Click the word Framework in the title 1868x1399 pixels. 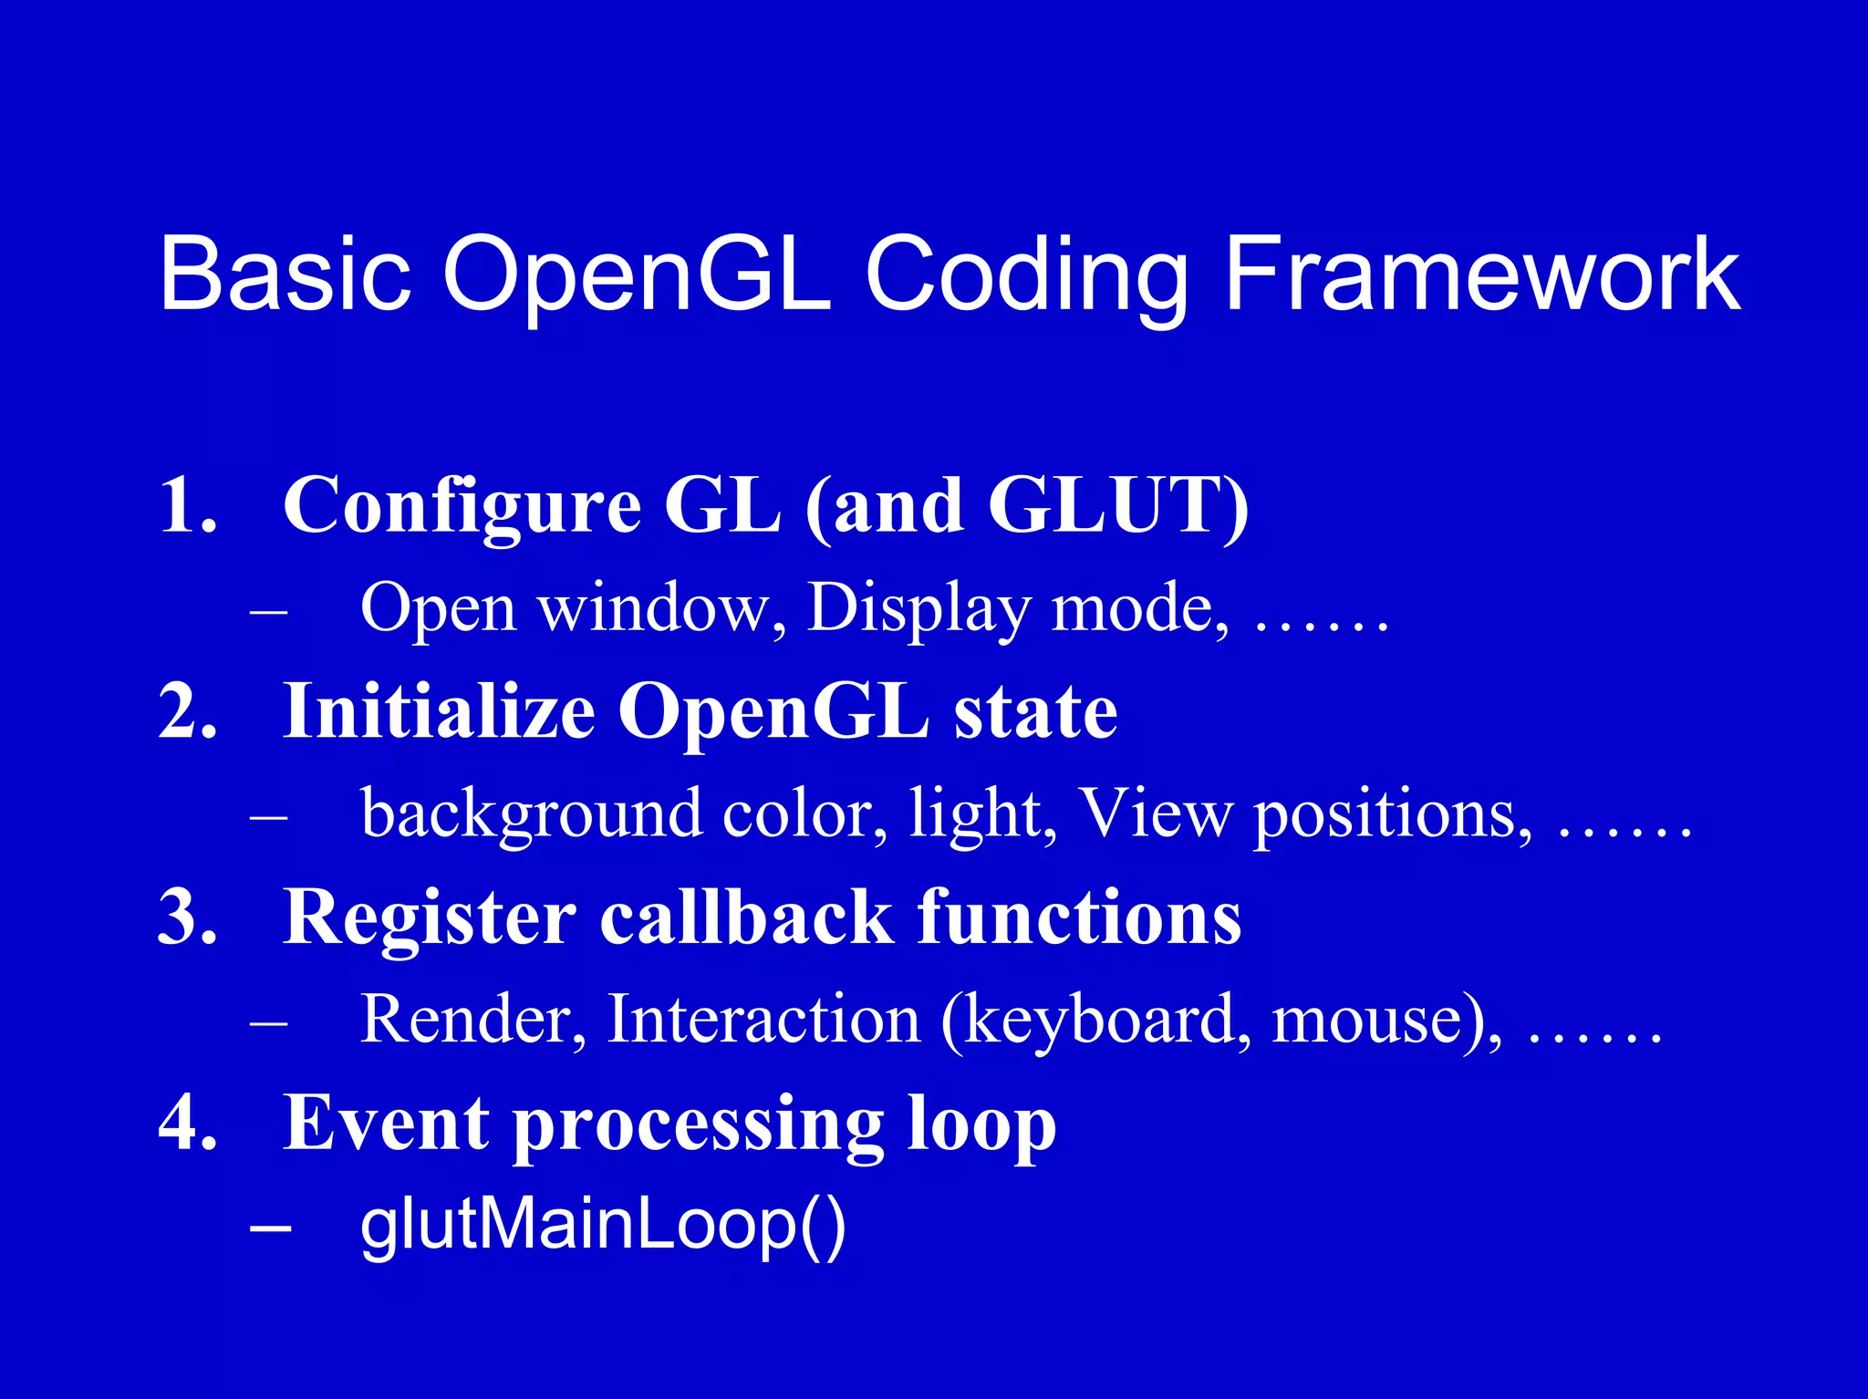pos(1481,274)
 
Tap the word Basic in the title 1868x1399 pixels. pos(285,274)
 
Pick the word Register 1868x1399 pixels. pos(430,918)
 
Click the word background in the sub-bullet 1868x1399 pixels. pos(532,814)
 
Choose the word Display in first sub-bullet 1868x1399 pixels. pos(918,609)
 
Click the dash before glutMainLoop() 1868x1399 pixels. pos(270,1228)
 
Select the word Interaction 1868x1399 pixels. pos(763,1019)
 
